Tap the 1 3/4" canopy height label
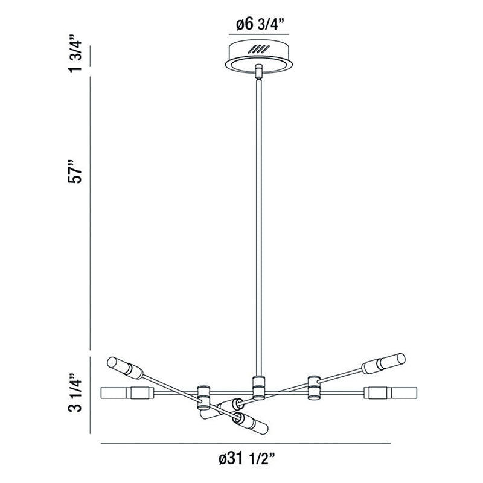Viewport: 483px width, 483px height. [75, 53]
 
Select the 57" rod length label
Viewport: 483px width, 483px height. [75, 171]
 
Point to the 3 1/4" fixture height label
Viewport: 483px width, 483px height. [75, 393]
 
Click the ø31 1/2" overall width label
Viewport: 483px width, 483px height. [246, 459]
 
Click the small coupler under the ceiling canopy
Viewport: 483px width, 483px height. [259, 71]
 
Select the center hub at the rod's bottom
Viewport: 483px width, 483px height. [259, 387]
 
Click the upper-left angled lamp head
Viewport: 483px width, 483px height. [125, 368]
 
